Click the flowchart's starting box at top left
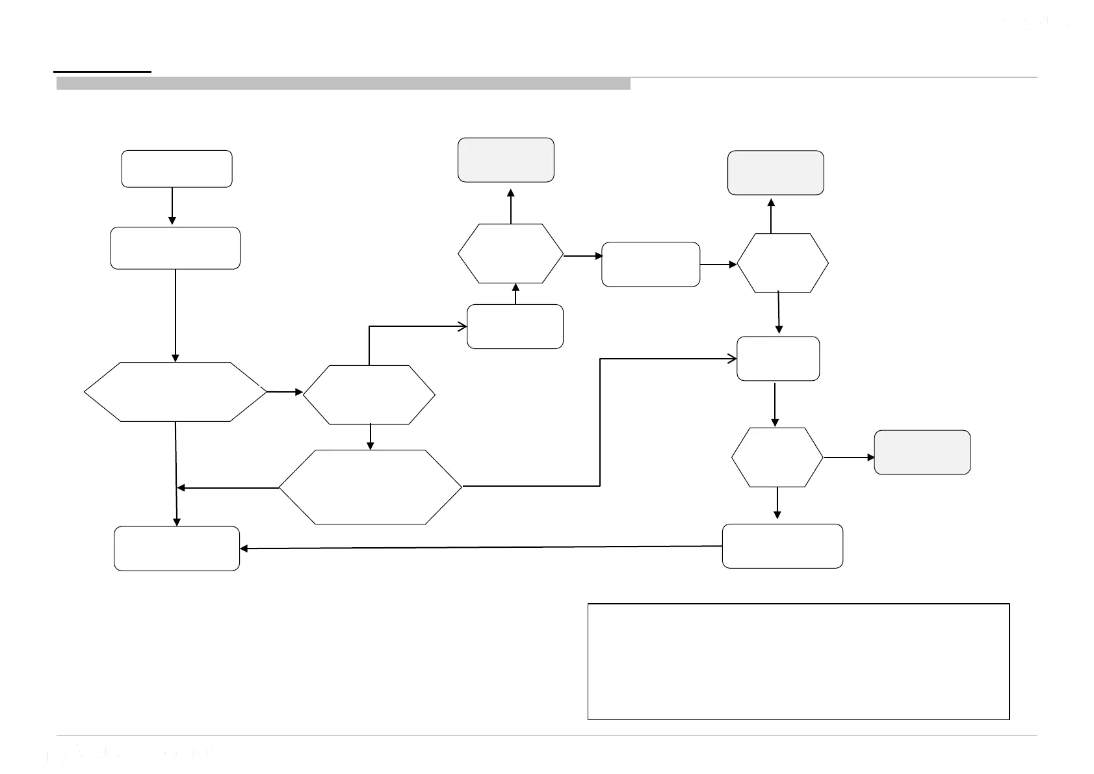pyautogui.click(x=176, y=169)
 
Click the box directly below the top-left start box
pyautogui.click(x=175, y=248)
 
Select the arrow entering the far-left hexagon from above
pyautogui.click(x=176, y=315)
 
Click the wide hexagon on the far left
pyautogui.click(x=176, y=392)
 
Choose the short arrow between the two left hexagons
pyautogui.click(x=285, y=392)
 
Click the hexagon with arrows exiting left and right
pyautogui.click(x=370, y=487)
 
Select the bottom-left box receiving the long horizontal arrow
pyautogui.click(x=176, y=548)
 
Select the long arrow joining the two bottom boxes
pyautogui.click(x=481, y=547)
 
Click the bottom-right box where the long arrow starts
pyautogui.click(x=782, y=546)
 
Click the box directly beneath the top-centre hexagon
pyautogui.click(x=515, y=326)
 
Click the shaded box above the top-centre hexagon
pyautogui.click(x=506, y=160)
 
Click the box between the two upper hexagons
pyautogui.click(x=651, y=264)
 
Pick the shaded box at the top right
pyautogui.click(x=775, y=173)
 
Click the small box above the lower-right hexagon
pyautogui.click(x=777, y=359)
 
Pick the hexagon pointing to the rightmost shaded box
pyautogui.click(x=777, y=458)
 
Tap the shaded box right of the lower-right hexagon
pyautogui.click(x=922, y=452)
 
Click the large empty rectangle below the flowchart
pyautogui.click(x=798, y=662)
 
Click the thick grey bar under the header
pyautogui.click(x=343, y=83)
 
